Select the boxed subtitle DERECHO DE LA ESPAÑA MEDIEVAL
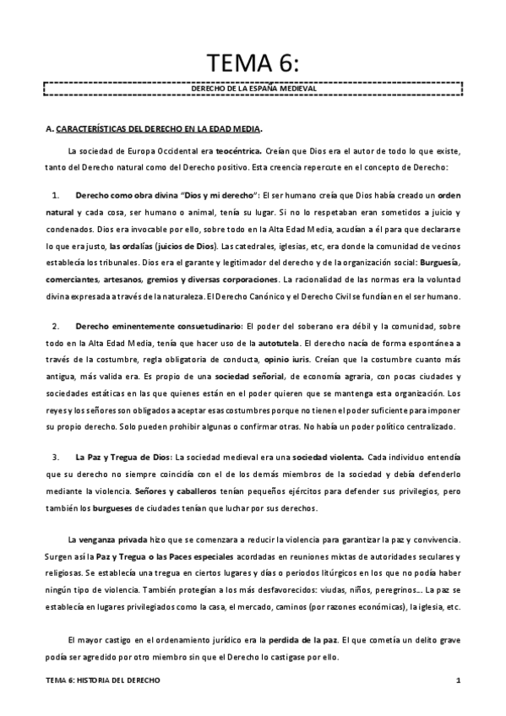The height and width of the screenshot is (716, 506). (252, 88)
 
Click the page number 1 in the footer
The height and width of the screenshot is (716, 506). (456, 681)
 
